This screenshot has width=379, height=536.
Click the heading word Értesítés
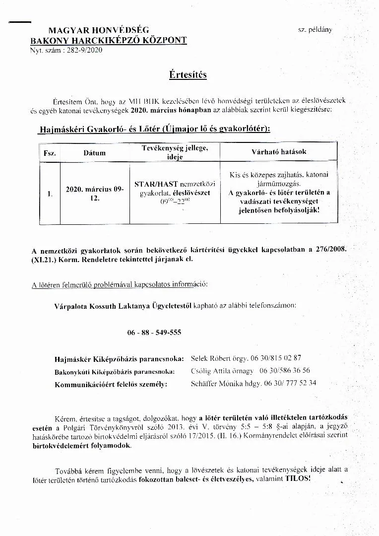point(188,75)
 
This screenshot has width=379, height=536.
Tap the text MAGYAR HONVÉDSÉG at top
point(99,31)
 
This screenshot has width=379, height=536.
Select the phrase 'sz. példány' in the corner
point(315,30)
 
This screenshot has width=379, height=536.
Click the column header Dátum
point(94,153)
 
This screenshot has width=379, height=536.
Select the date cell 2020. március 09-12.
point(94,194)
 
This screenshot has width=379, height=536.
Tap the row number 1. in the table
point(50,194)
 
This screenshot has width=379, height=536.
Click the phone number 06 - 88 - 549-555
point(154,333)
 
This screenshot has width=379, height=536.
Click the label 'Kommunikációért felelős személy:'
point(111,384)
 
